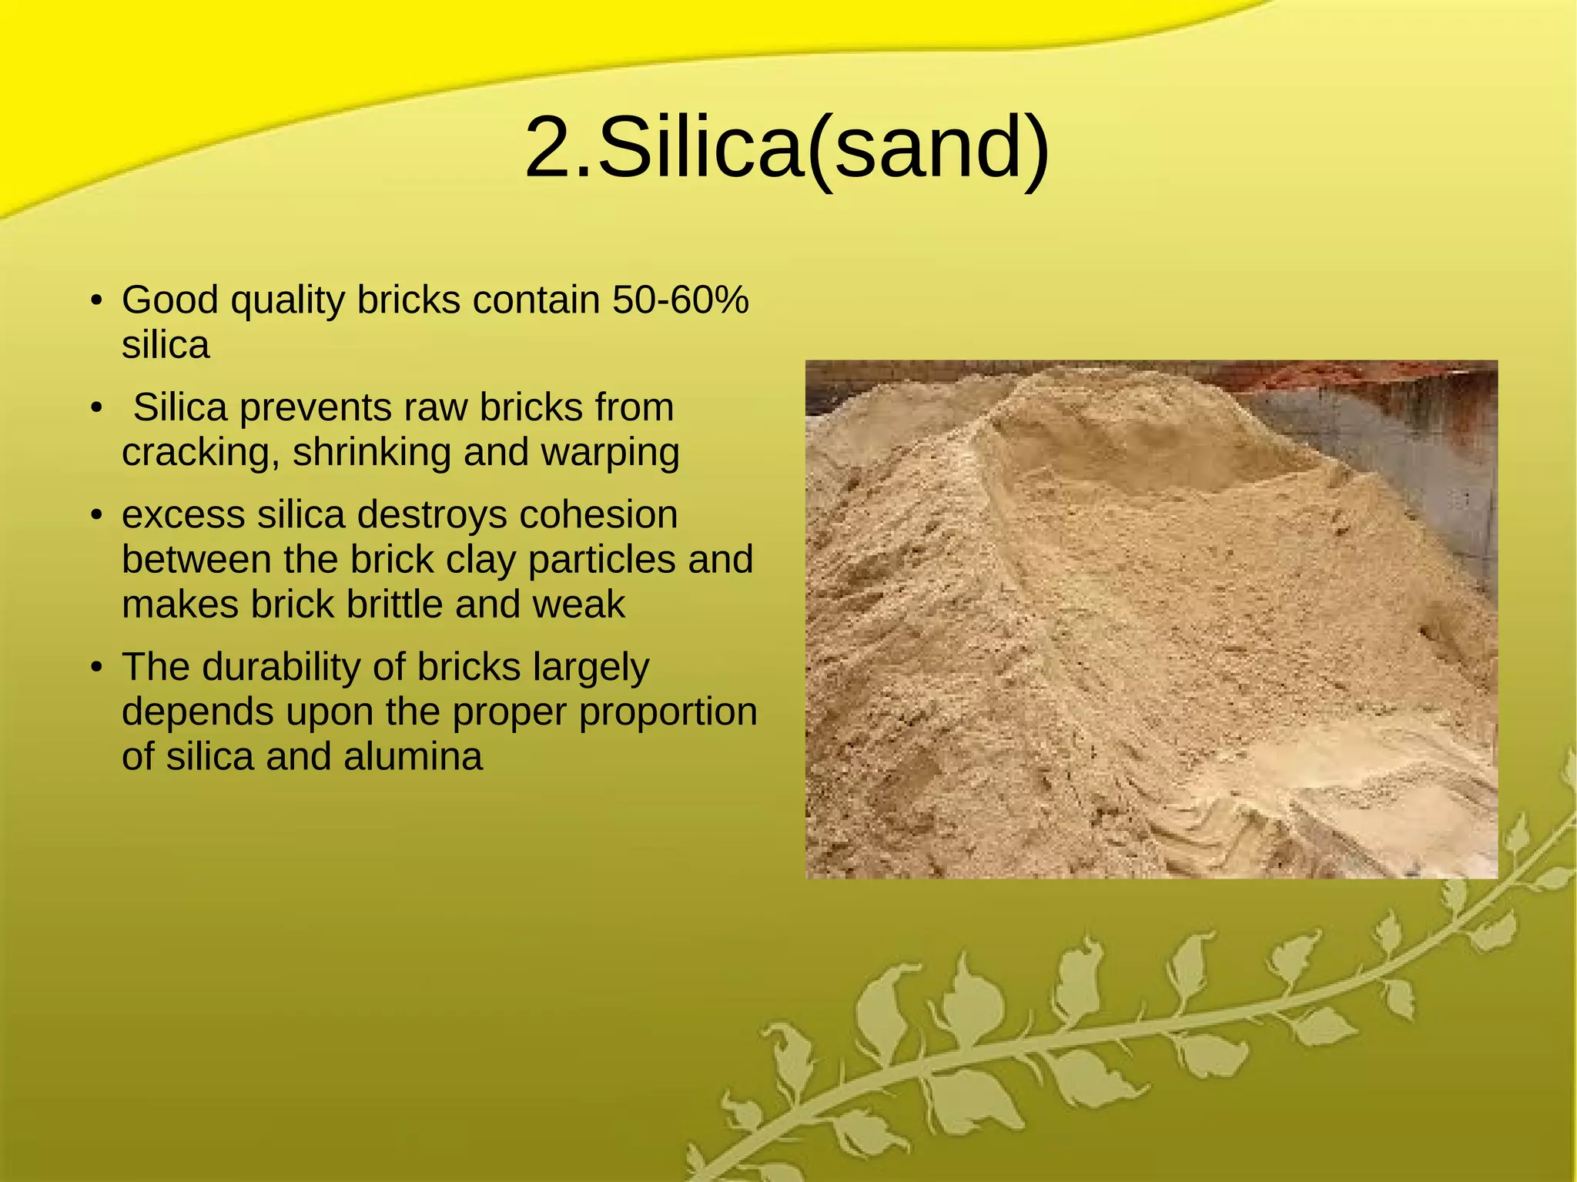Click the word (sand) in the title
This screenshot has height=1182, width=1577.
click(x=929, y=148)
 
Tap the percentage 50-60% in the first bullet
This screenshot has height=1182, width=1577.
click(x=680, y=300)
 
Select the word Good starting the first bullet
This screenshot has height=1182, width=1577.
click(x=170, y=300)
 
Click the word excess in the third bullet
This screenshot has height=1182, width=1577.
click(x=183, y=514)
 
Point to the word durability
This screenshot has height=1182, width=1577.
click(x=280, y=667)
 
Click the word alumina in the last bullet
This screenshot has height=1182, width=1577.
click(x=413, y=757)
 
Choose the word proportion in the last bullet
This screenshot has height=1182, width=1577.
click(x=668, y=712)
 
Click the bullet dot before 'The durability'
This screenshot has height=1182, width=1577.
click(x=96, y=668)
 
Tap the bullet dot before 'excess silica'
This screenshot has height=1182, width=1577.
click(x=96, y=515)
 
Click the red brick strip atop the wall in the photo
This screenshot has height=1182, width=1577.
click(x=1309, y=377)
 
